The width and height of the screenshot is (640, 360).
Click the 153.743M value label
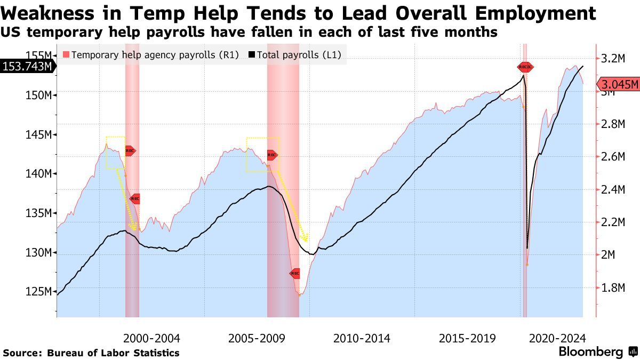coord(28,66)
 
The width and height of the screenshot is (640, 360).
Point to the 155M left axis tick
coord(40,55)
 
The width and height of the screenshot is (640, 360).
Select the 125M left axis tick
coord(40,292)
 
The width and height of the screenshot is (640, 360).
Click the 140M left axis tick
coord(40,173)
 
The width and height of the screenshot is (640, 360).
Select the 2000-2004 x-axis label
coord(151,338)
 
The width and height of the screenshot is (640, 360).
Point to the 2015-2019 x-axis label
coord(467,338)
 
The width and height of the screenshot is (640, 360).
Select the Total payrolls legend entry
coord(299,54)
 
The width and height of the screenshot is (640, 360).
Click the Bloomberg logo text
coord(590,352)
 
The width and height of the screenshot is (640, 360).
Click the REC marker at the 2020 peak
coord(525,67)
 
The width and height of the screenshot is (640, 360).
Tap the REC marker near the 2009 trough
coord(295,273)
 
